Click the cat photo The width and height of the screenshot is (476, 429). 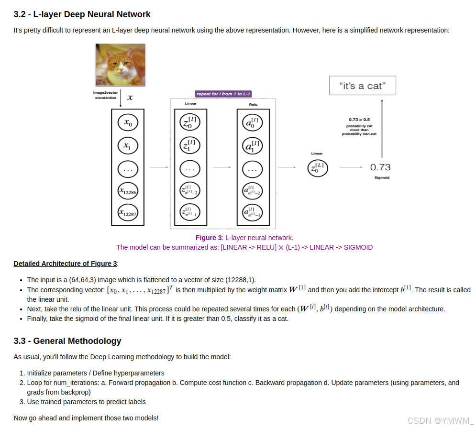point(121,65)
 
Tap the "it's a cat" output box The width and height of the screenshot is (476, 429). point(362,86)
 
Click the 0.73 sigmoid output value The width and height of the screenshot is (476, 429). point(380,167)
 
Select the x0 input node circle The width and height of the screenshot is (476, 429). point(128,123)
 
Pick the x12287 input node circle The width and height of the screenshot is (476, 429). point(128,213)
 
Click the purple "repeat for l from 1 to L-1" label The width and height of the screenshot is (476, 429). point(223,94)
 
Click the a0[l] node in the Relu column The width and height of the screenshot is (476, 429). point(253,123)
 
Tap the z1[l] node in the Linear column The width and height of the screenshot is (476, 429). point(190,145)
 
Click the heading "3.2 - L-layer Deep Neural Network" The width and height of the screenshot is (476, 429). point(82,14)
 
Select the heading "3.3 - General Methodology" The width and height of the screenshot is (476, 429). point(67,341)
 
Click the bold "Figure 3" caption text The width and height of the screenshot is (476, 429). point(209,238)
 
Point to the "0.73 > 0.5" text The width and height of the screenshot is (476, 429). point(359,120)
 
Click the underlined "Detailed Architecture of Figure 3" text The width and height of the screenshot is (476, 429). point(65,264)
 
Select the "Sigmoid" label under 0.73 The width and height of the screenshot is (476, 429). point(381,178)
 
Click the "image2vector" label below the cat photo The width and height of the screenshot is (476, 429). point(105,92)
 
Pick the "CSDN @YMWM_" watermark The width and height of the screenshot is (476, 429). point(440,420)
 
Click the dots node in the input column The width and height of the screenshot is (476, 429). point(128,169)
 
